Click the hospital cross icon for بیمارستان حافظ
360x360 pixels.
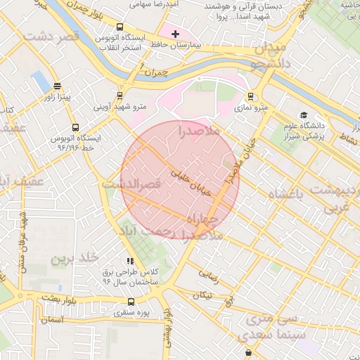[175, 34]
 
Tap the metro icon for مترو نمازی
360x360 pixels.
[250, 97]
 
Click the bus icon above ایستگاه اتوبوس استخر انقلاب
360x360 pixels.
[119, 26]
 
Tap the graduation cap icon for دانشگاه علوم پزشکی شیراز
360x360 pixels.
[304, 115]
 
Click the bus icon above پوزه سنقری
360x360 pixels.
[131, 301]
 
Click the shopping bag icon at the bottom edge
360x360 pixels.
[248, 353]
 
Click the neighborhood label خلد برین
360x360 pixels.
[70, 259]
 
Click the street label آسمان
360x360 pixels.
[51, 320]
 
